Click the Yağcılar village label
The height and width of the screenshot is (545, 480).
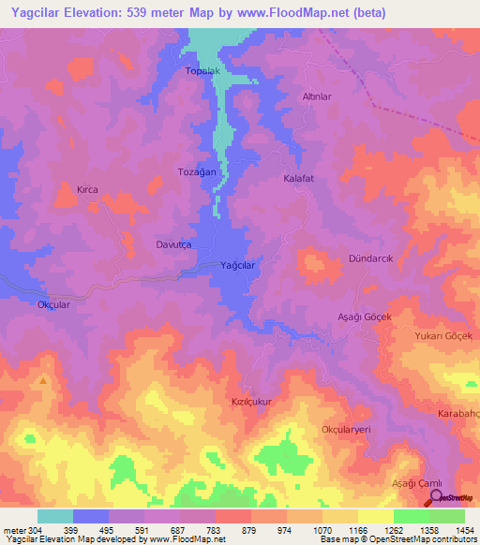[x=237, y=266]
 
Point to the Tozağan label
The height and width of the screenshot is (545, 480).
[x=197, y=172]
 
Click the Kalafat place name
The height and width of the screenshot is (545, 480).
[x=299, y=177]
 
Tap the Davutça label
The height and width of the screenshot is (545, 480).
[x=173, y=244]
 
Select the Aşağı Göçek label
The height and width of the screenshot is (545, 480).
[x=364, y=317]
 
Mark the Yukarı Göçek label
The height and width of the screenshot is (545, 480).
[x=446, y=336]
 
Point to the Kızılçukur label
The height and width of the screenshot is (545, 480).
[x=251, y=401]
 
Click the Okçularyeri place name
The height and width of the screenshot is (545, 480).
[x=347, y=428]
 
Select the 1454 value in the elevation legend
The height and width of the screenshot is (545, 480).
[x=464, y=529]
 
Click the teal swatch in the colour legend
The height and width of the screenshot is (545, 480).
[x=55, y=516]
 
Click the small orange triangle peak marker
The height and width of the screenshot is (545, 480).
[x=43, y=381]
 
